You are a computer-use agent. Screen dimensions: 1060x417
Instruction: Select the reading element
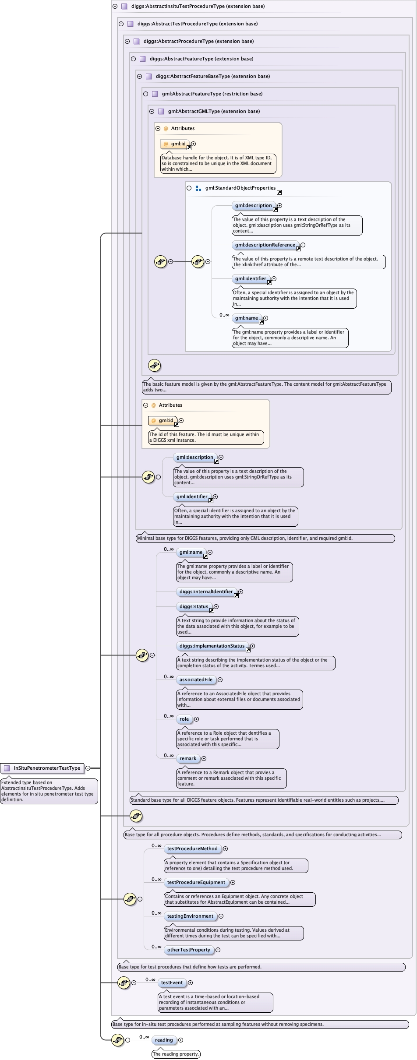point(164,1040)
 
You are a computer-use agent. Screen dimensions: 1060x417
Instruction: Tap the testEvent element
point(172,983)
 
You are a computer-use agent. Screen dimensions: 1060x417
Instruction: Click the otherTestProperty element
point(188,950)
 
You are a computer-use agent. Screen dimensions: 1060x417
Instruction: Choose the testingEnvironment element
point(190,916)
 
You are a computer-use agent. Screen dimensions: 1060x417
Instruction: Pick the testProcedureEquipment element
point(196,882)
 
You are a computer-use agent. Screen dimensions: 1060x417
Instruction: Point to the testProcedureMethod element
point(192,849)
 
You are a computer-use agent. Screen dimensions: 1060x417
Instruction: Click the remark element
point(188,758)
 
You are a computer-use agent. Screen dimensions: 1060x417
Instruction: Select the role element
point(184,719)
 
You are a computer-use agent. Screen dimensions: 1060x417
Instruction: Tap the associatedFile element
point(196,680)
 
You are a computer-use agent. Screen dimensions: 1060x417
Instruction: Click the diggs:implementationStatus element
point(212,646)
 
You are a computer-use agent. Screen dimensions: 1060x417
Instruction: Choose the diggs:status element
point(194,606)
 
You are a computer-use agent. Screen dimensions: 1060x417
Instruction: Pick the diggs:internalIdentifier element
point(206,592)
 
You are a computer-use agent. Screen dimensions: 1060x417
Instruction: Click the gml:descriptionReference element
point(265,245)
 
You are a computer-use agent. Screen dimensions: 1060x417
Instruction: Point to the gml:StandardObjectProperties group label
point(240,188)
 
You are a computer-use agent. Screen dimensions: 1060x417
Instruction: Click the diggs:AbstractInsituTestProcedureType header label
point(198,6)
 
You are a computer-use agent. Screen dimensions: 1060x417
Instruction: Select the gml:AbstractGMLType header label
point(214,111)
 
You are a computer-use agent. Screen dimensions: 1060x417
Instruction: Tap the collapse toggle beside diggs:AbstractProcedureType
point(127,41)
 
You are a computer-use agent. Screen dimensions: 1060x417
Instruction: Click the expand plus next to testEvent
point(190,983)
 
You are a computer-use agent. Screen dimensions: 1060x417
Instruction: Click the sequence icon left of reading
point(117,1040)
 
